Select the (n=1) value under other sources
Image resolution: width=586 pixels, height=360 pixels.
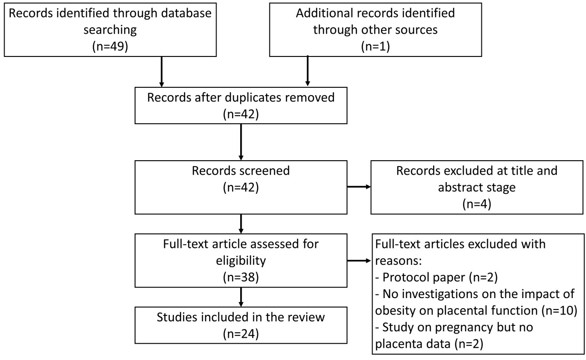375,47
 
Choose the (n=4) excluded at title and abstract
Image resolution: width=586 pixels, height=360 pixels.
476,204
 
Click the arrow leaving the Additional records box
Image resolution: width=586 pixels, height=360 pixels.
308,71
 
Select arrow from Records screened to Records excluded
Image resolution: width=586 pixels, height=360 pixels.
359,187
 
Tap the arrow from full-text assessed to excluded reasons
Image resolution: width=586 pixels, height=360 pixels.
359,261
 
